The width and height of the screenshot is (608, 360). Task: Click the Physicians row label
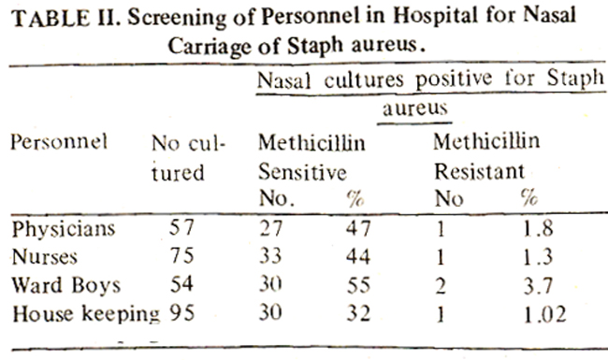pos(64,229)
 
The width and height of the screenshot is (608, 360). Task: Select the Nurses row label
pos(45,257)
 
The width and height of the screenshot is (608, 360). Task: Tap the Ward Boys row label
pos(65,285)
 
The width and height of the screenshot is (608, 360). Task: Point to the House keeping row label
pos(86,314)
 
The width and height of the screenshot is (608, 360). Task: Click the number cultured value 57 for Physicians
pos(181,227)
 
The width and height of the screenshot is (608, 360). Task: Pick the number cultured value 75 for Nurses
pos(181,256)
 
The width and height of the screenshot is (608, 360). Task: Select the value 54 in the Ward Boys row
pos(181,284)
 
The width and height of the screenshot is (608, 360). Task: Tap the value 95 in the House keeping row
pos(181,312)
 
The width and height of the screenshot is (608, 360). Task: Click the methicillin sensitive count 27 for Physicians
pos(270,228)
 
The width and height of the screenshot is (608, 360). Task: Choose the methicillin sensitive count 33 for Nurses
pos(270,256)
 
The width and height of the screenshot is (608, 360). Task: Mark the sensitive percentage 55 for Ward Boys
pos(358,285)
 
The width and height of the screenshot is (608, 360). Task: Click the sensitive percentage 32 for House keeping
pos(358,313)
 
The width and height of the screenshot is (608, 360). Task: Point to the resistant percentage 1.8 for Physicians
pos(538,228)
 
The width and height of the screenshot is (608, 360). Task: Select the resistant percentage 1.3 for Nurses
pos(538,257)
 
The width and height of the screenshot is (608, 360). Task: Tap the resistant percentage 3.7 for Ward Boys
pos(538,285)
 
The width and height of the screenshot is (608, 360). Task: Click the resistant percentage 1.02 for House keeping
pos(544,314)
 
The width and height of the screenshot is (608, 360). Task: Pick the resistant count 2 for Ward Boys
pos(441,286)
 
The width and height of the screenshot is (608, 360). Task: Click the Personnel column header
pos(59,142)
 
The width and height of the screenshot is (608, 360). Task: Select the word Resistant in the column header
pos(479,171)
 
